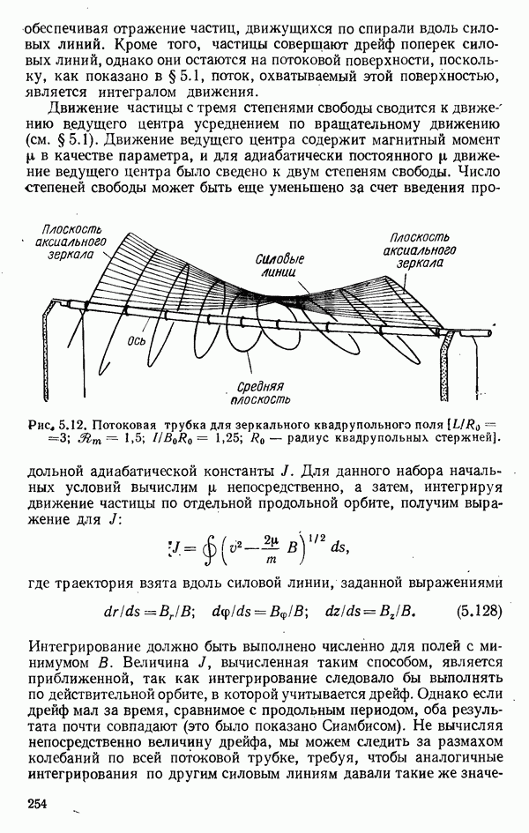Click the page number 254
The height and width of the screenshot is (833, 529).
[x=37, y=803]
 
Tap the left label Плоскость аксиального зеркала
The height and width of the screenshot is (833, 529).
[x=72, y=241]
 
